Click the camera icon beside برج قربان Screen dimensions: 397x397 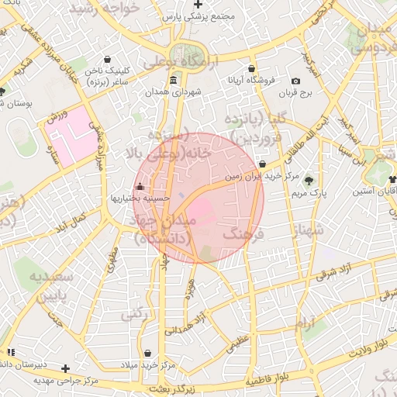coord(295,81)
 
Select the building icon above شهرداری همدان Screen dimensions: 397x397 coord(171,81)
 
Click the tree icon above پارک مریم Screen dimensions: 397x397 coord(309,178)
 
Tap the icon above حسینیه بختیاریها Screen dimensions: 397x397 coord(140,187)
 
